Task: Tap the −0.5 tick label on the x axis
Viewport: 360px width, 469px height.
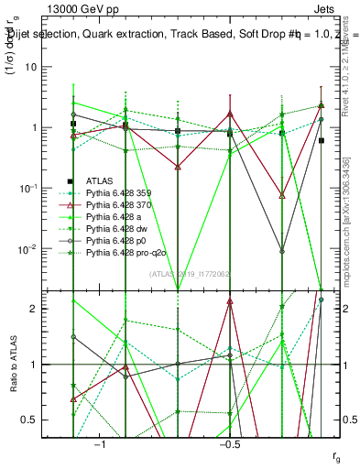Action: (x=229, y=442)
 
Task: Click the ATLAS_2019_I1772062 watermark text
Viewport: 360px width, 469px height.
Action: (x=190, y=274)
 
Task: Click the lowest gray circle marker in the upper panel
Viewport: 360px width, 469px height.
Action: (x=282, y=251)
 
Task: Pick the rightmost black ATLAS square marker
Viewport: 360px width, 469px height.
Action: (x=322, y=140)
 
